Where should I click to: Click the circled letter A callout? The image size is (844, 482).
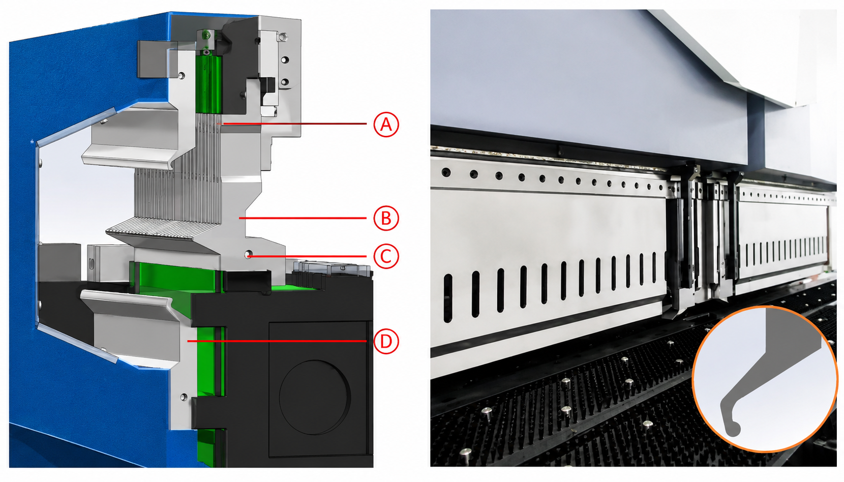(386, 124)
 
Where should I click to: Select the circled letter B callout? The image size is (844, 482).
(386, 218)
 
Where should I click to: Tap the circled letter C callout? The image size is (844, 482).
(386, 256)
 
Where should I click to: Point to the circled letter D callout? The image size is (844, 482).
(386, 342)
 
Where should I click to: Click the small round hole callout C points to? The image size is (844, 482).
(248, 254)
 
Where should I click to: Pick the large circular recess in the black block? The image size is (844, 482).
(315, 397)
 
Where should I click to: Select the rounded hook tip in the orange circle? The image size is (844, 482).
(733, 429)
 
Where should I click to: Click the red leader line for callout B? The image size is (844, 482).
(303, 218)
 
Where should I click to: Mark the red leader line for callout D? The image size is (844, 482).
(277, 341)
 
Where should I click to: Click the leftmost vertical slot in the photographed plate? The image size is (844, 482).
(447, 298)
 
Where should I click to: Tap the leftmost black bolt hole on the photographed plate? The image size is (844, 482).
(446, 172)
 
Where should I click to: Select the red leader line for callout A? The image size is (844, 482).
(294, 124)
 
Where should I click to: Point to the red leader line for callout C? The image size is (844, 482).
(307, 256)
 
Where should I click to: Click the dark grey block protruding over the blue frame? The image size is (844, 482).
(152, 59)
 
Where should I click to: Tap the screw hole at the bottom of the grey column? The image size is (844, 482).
(184, 397)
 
